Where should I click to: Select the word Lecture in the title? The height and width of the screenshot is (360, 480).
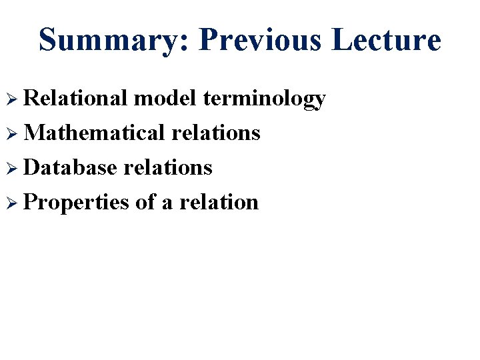click(x=387, y=39)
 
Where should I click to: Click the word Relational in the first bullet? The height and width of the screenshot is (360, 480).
click(x=75, y=99)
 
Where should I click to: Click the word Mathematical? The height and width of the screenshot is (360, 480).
click(x=94, y=133)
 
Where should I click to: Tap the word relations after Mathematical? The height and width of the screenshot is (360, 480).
click(x=215, y=133)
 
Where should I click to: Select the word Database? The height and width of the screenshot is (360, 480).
click(x=71, y=167)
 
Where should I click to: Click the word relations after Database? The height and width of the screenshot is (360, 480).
click(x=168, y=167)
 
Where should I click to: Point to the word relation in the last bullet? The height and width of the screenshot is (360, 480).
click(x=219, y=202)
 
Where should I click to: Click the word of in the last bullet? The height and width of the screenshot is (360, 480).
click(x=145, y=202)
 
